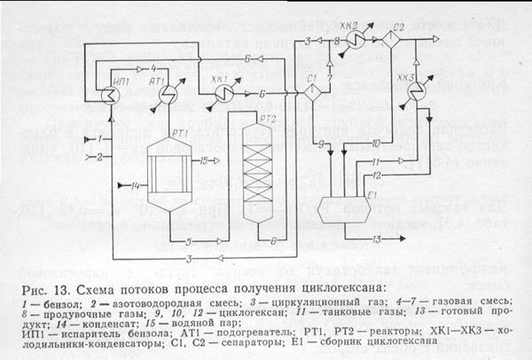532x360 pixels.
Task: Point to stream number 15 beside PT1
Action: [204, 160]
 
